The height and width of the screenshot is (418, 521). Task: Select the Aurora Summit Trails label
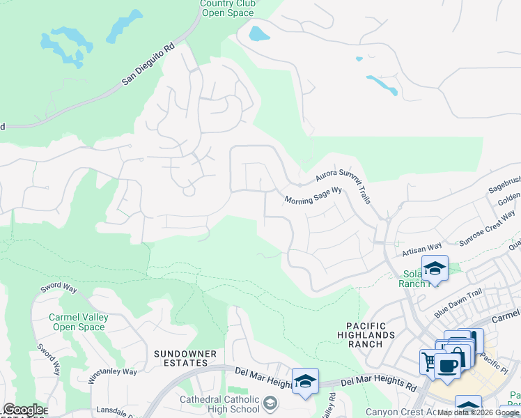[343, 185]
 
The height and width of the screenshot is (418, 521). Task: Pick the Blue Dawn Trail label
[457, 304]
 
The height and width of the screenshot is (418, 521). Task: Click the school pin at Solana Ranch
[435, 268]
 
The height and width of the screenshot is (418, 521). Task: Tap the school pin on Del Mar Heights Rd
[305, 380]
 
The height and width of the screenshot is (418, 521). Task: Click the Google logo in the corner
[23, 410]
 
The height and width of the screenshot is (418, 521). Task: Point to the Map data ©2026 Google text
[478, 412]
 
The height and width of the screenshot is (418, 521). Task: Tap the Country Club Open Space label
[228, 8]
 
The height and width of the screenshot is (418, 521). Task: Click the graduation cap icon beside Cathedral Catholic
[270, 403]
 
